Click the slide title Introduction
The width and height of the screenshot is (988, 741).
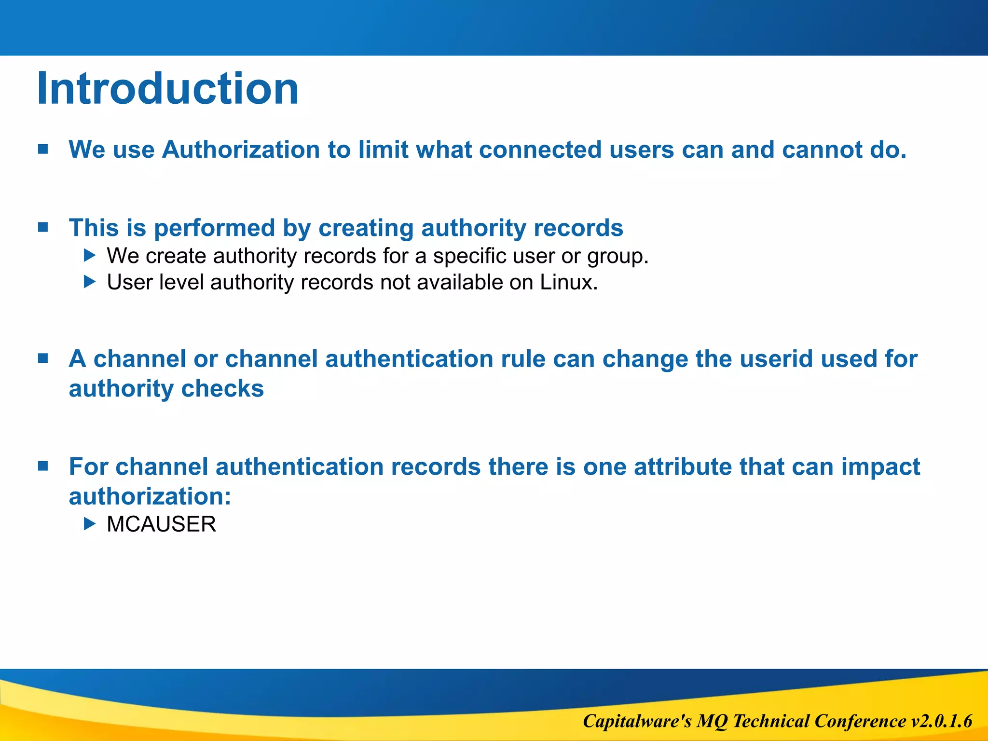(167, 89)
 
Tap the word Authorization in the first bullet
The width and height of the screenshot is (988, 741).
(241, 150)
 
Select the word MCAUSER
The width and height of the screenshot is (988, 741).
(161, 524)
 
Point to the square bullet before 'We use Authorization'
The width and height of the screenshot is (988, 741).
(43, 149)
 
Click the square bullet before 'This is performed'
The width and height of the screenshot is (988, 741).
(43, 227)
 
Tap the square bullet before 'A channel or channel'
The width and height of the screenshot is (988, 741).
(43, 358)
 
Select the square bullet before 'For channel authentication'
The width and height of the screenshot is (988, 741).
(43, 466)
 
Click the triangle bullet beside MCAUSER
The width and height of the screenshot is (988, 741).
(90, 523)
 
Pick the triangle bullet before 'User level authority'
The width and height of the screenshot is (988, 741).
(90, 282)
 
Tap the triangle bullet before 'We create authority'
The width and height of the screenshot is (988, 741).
(90, 255)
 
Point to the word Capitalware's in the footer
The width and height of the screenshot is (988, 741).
(637, 721)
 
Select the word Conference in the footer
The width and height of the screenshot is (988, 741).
(860, 721)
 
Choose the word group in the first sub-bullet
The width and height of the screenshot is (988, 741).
(617, 256)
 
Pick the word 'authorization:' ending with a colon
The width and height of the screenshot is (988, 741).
(150, 496)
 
